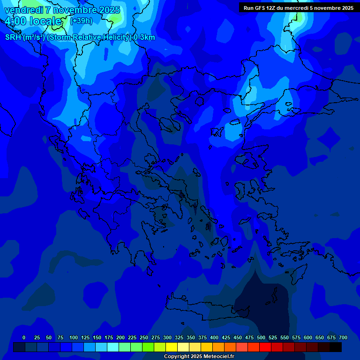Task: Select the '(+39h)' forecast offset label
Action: (81, 21)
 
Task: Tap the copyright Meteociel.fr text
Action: (198, 357)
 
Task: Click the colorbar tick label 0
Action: (24, 337)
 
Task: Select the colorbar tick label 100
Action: (74, 337)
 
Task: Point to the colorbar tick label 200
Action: (120, 337)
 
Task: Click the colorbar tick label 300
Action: (167, 337)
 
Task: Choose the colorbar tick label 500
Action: (261, 337)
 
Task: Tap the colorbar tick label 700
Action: (343, 337)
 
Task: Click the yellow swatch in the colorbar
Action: (172, 347)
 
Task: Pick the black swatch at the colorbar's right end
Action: (336, 347)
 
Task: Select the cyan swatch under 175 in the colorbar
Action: (113, 347)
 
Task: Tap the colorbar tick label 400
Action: (214, 337)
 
